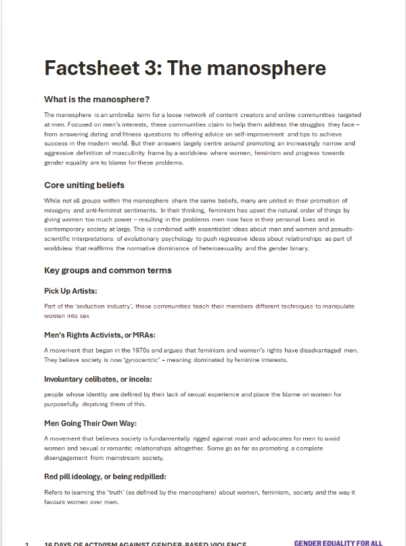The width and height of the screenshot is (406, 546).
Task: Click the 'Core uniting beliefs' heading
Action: click(84, 185)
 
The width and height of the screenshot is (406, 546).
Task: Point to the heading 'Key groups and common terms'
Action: click(108, 271)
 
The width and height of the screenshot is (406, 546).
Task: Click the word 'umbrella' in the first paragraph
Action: click(125, 116)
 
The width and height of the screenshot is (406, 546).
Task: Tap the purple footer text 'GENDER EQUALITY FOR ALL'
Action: click(338, 543)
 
